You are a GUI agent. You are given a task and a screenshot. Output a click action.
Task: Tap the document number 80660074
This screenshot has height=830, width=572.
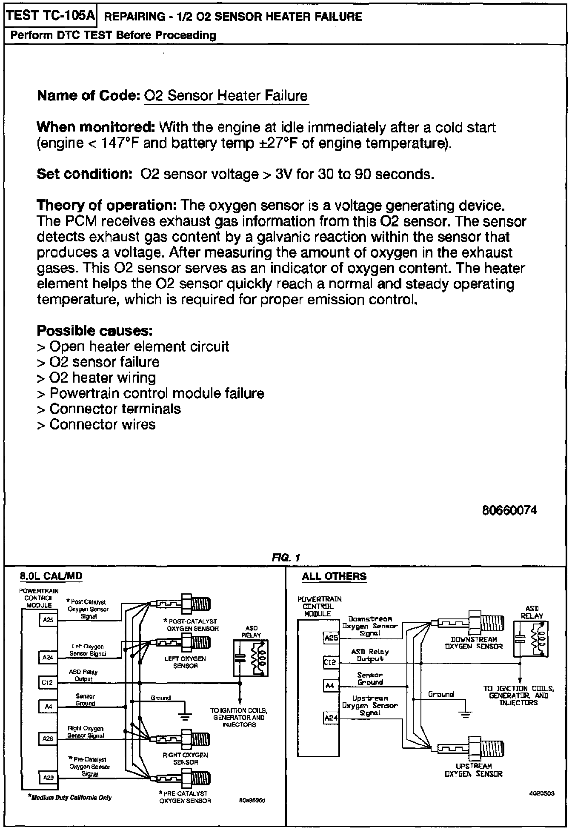pos(509,510)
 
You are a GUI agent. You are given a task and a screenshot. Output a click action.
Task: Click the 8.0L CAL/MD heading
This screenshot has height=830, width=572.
pos(51,576)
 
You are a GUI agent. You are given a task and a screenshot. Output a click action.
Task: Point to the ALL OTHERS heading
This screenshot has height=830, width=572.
pos(334,576)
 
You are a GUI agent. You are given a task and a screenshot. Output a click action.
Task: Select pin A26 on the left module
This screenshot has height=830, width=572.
pos(48,738)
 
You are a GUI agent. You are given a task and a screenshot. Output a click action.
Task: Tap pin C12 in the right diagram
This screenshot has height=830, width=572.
pos(330,662)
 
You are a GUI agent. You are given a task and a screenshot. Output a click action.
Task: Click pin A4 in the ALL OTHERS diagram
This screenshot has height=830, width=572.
pos(330,686)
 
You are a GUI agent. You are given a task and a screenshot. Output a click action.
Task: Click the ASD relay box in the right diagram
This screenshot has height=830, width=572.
pos(531,639)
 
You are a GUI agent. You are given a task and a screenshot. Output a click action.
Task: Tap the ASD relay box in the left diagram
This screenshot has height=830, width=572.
pos(251,657)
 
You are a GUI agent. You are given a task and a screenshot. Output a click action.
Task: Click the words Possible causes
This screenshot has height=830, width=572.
pos(94,330)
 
